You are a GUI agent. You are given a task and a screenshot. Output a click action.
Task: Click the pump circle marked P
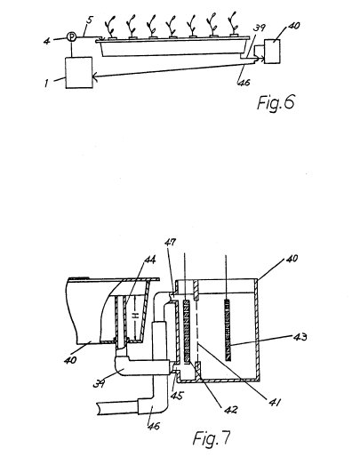[x=72, y=36]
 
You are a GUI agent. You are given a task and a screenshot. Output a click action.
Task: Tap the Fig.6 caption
[x=276, y=102]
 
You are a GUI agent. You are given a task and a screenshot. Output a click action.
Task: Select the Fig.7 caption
[x=212, y=438]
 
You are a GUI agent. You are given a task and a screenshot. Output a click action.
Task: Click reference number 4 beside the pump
[x=46, y=41]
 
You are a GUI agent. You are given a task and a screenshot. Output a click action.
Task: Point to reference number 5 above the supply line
[x=89, y=20]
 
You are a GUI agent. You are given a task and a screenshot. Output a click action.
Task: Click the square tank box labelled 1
[x=79, y=73]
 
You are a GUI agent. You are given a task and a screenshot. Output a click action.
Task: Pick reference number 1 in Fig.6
[x=46, y=83]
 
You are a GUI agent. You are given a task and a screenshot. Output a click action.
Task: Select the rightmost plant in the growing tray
[x=234, y=24]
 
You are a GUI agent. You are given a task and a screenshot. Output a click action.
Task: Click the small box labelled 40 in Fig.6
[x=272, y=51]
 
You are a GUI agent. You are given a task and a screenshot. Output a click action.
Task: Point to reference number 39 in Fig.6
[x=259, y=28]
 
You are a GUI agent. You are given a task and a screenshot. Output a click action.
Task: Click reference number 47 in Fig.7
[x=170, y=243]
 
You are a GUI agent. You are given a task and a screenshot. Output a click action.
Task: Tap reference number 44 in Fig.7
[x=149, y=260]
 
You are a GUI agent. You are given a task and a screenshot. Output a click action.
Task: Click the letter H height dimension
[x=135, y=317]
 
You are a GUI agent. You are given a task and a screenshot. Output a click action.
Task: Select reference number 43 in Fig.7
[x=300, y=337]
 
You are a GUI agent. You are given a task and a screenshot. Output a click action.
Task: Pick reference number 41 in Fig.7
[x=275, y=402]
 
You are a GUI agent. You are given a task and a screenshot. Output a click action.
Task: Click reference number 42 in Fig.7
[x=231, y=410]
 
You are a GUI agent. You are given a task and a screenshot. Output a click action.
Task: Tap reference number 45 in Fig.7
[x=178, y=396]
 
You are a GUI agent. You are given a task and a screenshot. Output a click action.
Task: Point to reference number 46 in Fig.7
[x=154, y=426]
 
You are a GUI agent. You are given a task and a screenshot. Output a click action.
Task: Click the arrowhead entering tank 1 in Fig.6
[x=95, y=77]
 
